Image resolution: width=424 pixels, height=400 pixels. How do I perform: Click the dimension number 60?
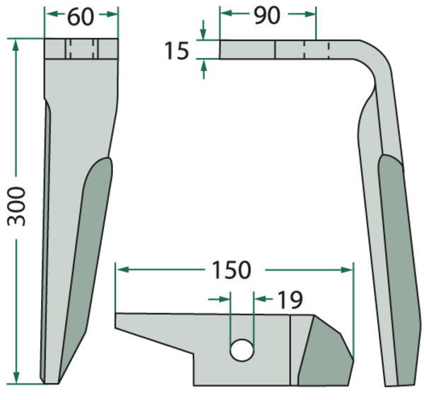point(81,17)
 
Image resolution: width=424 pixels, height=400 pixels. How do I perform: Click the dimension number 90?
point(267,16)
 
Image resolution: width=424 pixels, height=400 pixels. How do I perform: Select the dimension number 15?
point(177,51)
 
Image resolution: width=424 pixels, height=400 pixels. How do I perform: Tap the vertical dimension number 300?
point(16,206)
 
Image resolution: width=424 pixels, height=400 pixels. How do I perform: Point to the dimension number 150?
point(232,270)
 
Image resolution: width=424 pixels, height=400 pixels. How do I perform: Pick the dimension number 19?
point(290,300)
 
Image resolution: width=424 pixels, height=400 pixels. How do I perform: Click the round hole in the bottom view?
point(242,351)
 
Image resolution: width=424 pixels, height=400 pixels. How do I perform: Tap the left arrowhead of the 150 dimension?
point(123,270)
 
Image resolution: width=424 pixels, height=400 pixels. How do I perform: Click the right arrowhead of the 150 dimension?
point(347,270)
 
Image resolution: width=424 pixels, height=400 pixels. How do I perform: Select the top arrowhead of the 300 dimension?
point(16,45)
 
